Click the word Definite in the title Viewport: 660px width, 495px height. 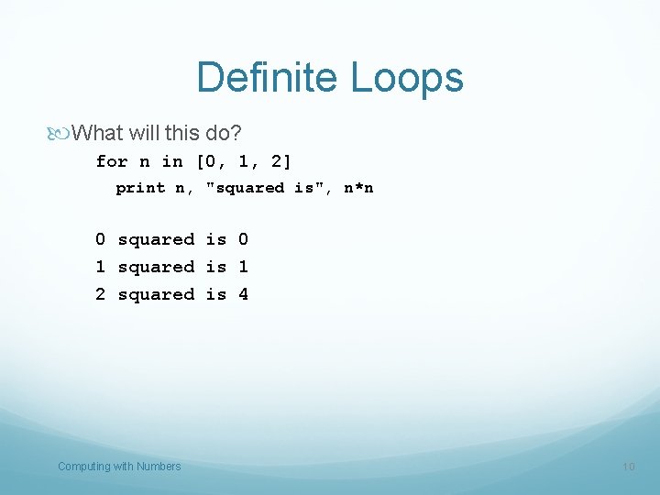click(265, 78)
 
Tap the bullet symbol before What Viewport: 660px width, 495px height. click(63, 134)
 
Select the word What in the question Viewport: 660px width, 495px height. click(97, 134)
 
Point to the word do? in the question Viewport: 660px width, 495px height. click(223, 134)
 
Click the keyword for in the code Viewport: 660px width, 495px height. click(112, 161)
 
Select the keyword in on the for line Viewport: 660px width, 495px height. click(172, 161)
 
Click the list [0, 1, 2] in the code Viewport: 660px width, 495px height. click(244, 161)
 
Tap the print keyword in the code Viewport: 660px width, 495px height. click(140, 188)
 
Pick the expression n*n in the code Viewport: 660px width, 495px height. click(358, 188)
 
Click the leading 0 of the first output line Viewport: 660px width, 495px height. click(100, 240)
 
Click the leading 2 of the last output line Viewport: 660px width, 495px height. click(100, 295)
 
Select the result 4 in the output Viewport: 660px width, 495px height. click(243, 295)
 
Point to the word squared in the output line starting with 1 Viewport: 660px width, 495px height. click(156, 268)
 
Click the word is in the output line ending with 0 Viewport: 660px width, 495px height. click(215, 240)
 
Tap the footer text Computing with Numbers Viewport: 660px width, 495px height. click(119, 467)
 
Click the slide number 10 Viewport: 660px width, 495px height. click(628, 467)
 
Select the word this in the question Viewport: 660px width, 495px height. click(183, 134)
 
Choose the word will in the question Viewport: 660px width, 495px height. click(144, 134)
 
